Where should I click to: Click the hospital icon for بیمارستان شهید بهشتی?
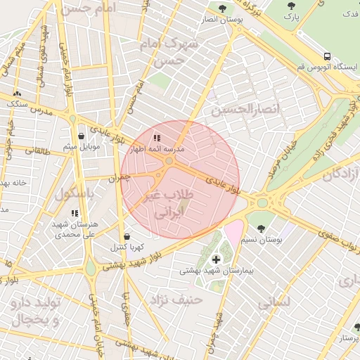215,259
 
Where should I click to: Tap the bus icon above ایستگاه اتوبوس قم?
328,56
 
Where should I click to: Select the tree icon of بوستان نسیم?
261,229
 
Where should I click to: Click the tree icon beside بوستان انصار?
222,9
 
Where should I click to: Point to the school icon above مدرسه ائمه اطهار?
157,139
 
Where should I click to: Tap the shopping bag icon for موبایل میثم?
82,136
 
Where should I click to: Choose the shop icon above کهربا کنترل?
127,236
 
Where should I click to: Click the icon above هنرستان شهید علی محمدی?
75,212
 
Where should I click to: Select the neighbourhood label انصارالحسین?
245,110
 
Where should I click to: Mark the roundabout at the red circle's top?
169,161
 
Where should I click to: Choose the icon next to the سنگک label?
17,94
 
